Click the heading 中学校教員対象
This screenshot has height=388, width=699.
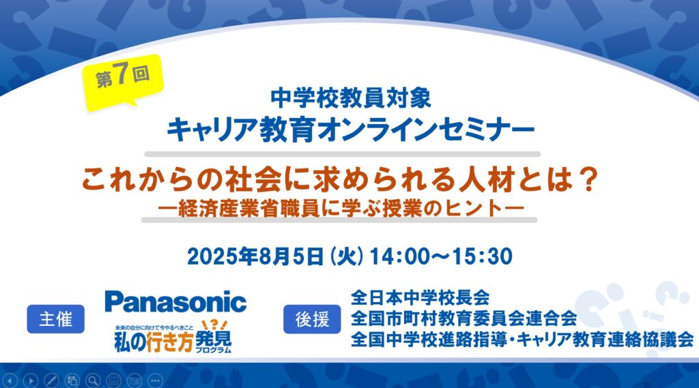coord(351,98)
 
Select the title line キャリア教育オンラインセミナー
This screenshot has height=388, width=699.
coord(350,130)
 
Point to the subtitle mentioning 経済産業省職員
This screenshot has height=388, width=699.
coord(341,208)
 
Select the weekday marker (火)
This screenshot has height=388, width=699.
coord(346,256)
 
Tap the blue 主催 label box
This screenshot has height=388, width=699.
coord(56,319)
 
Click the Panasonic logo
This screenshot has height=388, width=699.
coord(175,301)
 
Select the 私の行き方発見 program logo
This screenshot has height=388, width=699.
coord(173,337)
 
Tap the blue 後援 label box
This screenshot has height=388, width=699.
coord(312,319)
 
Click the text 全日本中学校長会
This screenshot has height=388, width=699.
coord(420,297)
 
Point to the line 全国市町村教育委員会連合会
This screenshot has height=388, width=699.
coord(463,318)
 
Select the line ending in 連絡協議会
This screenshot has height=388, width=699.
coord(522,340)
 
